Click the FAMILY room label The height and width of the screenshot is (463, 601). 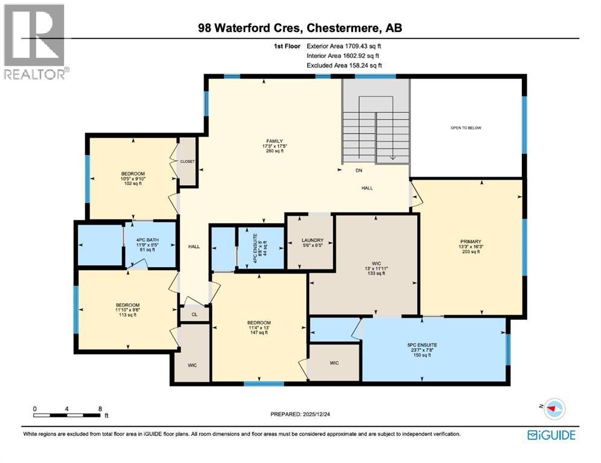coord(271,141)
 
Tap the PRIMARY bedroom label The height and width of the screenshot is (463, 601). coord(469,242)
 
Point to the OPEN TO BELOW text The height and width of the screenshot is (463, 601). coord(466,128)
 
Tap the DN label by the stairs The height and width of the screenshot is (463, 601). coord(358,171)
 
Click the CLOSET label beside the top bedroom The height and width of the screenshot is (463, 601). coord(188,162)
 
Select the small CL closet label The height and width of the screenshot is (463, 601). coord(194,314)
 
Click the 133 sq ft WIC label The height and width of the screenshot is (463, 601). coord(376,273)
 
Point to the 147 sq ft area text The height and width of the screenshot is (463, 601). coord(259,332)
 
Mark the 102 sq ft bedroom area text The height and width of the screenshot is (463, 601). coord(133,184)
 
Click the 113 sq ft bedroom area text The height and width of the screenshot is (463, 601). coord(127,315)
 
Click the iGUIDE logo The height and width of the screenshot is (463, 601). coord(551,435)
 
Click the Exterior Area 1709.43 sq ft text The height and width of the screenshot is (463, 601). coord(344,45)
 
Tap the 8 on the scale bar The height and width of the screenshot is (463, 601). coord(100,409)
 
